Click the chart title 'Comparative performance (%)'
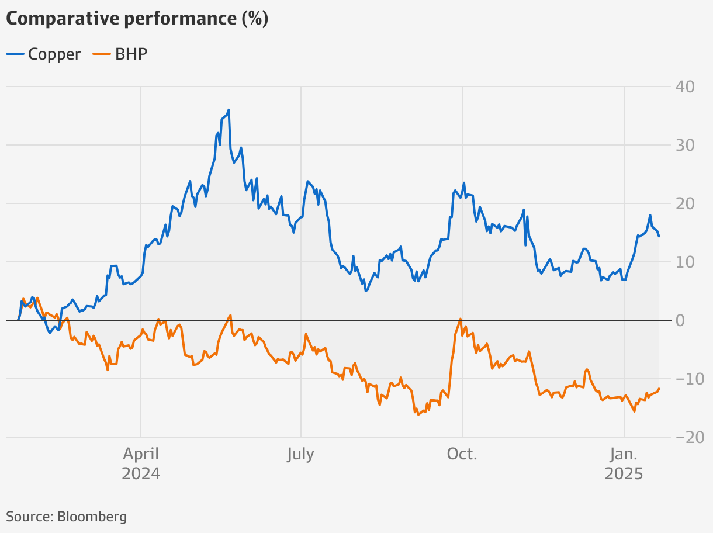[137, 19]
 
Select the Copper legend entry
[44, 54]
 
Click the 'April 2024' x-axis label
[141, 463]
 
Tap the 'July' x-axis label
[300, 455]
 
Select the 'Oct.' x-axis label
[462, 455]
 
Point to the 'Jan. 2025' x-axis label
[624, 463]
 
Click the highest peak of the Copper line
[229, 109]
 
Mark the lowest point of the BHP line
[418, 414]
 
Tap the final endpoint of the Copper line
[659, 236]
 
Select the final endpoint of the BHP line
[659, 389]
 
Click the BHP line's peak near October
[461, 319]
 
